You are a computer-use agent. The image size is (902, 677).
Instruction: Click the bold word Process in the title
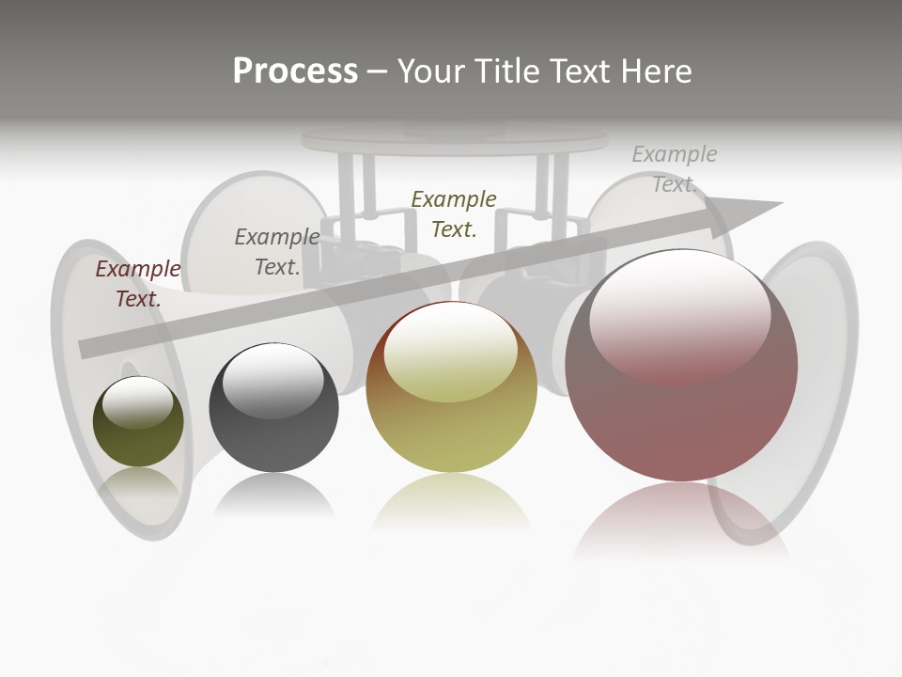[295, 71]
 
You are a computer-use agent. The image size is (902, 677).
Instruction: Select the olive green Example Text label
[454, 213]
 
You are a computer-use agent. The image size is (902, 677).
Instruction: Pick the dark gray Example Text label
[277, 252]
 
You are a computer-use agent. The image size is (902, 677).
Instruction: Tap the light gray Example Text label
[675, 168]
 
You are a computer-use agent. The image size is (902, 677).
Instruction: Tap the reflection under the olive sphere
[138, 484]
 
